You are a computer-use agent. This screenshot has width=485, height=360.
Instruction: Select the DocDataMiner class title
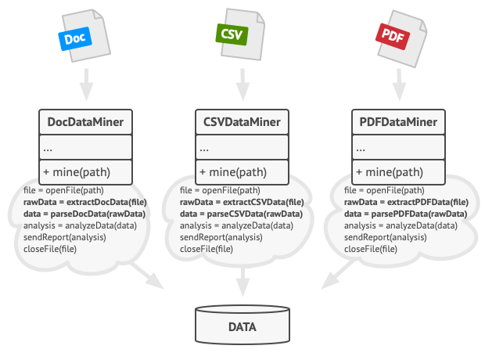point(86,122)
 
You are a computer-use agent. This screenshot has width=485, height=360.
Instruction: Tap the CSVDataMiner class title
point(242,122)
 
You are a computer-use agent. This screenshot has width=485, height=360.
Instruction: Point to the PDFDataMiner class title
point(398,122)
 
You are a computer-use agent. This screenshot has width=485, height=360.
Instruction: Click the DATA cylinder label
point(242,326)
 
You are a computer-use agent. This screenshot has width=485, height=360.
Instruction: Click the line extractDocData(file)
point(81,202)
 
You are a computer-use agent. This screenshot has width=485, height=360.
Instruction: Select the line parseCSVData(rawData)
point(241,214)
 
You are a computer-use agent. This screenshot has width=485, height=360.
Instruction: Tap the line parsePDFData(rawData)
point(405,214)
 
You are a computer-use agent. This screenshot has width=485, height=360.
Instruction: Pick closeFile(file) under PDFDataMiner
point(370,249)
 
